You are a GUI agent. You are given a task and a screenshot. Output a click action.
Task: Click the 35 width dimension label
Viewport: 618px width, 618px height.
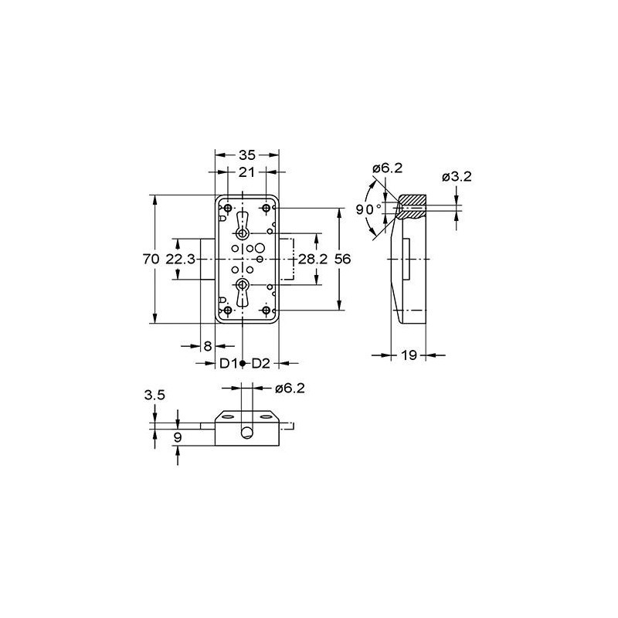(247, 155)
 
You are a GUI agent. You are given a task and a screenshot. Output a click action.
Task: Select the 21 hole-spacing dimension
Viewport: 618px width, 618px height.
(246, 172)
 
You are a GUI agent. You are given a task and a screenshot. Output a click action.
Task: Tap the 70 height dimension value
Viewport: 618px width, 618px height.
(151, 259)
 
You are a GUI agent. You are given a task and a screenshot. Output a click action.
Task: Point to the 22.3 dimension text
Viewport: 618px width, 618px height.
(181, 259)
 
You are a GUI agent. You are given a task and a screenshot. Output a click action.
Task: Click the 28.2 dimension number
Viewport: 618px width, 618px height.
(313, 259)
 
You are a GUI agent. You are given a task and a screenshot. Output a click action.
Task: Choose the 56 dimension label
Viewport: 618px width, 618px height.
(342, 259)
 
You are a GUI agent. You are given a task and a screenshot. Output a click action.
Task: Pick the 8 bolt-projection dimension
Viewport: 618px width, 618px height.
(208, 346)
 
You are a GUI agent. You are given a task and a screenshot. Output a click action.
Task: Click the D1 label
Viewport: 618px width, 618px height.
(229, 363)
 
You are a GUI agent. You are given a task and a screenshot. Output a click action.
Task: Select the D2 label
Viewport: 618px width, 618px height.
(261, 363)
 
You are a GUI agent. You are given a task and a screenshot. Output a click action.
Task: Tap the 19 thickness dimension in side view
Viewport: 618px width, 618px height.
(409, 355)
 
